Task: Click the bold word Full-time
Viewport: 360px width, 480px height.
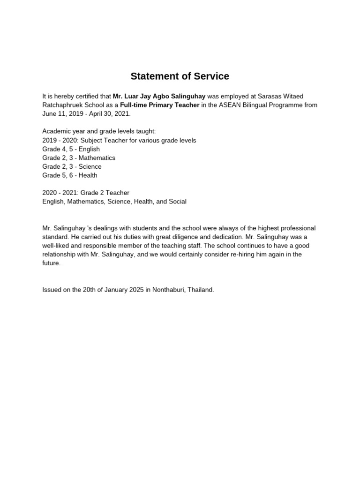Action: click(134, 105)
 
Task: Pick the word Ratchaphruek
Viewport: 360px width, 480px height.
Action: click(61, 105)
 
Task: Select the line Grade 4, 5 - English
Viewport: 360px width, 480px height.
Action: click(71, 149)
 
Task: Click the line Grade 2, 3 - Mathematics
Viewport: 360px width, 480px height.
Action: click(78, 158)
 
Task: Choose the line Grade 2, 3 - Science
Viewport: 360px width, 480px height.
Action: click(72, 166)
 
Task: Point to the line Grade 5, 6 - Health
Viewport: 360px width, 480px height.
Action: click(70, 175)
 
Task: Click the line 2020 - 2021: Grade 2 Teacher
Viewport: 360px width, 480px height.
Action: click(86, 193)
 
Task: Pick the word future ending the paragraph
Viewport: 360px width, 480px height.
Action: click(51, 263)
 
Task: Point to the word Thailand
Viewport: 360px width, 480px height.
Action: click(201, 290)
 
